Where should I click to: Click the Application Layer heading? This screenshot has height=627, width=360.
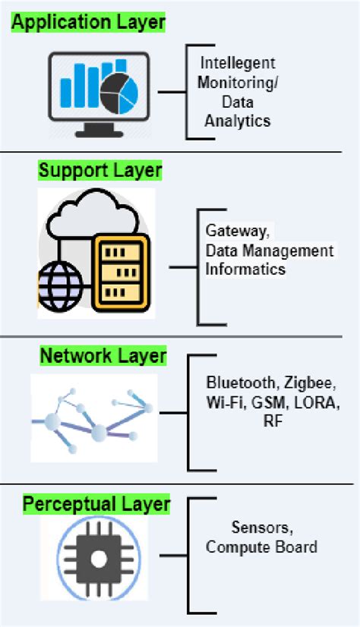89,23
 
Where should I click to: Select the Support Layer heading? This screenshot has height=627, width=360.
99,169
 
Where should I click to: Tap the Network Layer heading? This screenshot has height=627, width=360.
103,355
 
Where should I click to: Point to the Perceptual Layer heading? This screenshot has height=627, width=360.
96,503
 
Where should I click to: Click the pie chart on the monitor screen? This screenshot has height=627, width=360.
120,89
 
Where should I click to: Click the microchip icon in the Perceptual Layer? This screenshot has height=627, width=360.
96,560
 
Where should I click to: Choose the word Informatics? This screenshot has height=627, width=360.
245,269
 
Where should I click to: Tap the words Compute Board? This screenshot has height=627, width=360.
261,547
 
